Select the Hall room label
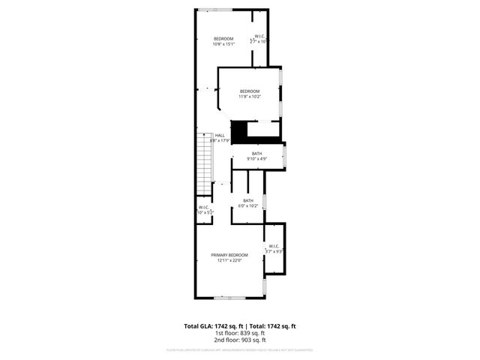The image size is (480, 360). pyautogui.click(x=220, y=135)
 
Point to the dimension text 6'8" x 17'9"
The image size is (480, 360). pyautogui.click(x=220, y=140)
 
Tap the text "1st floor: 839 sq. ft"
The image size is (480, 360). pyautogui.click(x=240, y=333)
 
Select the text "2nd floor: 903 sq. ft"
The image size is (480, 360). pyautogui.click(x=240, y=340)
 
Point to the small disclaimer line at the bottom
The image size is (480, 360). pyautogui.click(x=240, y=349)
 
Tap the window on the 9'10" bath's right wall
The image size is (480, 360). pyautogui.click(x=284, y=156)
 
